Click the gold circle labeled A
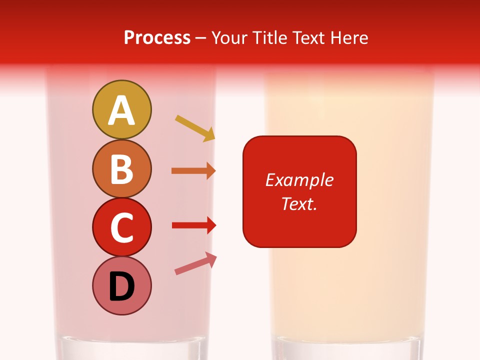121,109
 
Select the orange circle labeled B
121,168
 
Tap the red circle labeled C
121,227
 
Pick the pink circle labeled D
121,285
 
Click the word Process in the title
157,38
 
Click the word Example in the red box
299,180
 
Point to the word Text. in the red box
299,204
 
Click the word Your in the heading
229,38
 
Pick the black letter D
121,287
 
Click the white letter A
121,110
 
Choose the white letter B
121,169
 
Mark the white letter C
121,228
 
